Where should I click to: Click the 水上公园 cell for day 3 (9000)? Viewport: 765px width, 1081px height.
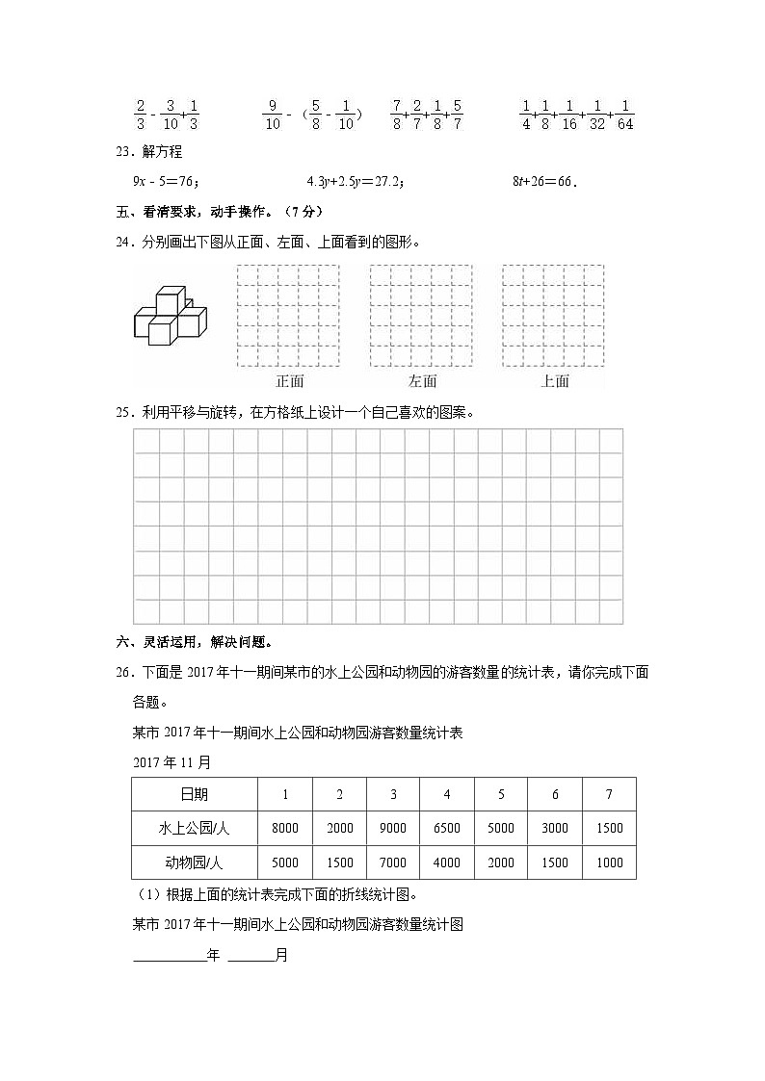point(393,828)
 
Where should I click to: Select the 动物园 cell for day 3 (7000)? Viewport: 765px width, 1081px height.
point(393,862)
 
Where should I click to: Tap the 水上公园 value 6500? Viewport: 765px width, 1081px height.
point(447,828)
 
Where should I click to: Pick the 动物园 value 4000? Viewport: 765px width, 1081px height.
point(447,862)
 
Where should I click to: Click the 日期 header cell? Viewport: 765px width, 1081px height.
point(194,794)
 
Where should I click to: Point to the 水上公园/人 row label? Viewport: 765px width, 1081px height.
point(194,828)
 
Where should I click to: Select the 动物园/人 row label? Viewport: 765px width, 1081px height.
point(194,862)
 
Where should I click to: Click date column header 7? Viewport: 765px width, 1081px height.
point(609,794)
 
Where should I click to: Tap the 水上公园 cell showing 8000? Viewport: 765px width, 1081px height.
point(285,828)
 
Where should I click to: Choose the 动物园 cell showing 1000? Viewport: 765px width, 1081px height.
point(609,862)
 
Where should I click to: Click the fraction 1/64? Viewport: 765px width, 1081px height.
point(625,115)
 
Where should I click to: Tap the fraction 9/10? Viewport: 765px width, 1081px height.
point(272,115)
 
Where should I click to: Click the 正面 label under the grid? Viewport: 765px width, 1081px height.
point(288,381)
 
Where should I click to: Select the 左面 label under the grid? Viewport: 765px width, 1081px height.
point(422,381)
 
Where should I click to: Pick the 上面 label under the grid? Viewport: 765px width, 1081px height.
point(555,381)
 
